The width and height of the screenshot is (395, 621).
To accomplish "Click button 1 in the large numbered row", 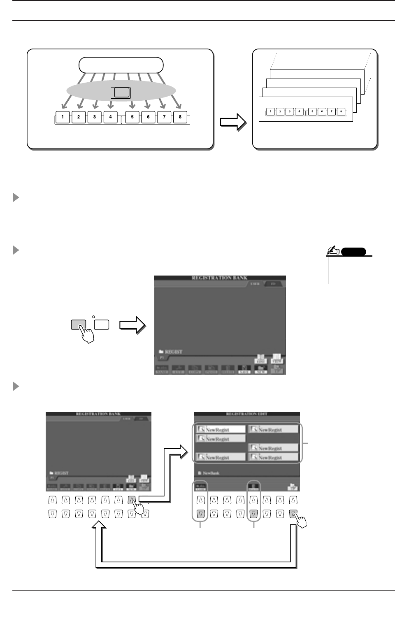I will [x=63, y=117].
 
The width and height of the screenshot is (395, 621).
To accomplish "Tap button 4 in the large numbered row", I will [x=110, y=117].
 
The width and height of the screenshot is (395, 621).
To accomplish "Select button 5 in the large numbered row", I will [x=132, y=117].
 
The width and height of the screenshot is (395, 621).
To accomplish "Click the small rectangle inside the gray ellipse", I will [x=122, y=93].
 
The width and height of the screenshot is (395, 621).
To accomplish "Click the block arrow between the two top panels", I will [x=233, y=122].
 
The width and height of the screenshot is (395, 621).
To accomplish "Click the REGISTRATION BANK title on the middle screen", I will [x=219, y=278].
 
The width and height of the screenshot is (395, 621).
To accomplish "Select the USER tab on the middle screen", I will [x=255, y=284].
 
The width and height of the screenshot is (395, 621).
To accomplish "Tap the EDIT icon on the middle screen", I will [x=260, y=359].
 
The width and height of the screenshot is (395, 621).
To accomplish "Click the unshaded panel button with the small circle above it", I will [x=102, y=324].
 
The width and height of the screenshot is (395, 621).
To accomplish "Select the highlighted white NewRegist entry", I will [x=220, y=429].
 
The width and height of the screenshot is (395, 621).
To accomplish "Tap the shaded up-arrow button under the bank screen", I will [x=132, y=501].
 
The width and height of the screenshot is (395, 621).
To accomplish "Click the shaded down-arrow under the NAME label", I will [x=200, y=514].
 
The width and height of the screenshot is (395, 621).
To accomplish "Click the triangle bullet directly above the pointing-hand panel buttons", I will [x=16, y=250].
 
